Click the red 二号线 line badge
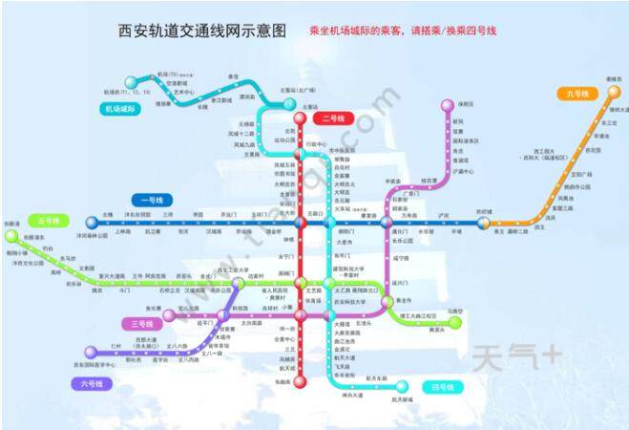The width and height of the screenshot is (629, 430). [333, 118]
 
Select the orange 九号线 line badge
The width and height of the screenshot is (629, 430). [578, 93]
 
